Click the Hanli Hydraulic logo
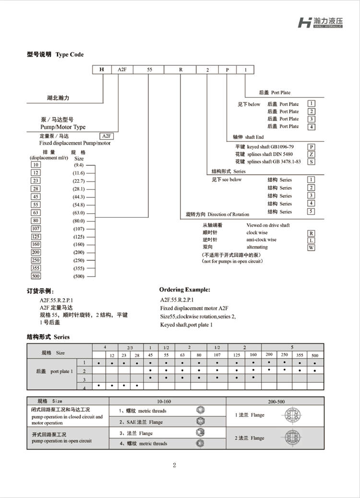click(324, 22)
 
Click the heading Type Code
click(70, 55)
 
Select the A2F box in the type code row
click(121, 70)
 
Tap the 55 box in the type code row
click(149, 70)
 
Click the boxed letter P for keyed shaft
click(312, 146)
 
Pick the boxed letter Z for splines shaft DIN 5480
click(312, 154)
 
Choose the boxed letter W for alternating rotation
click(312, 247)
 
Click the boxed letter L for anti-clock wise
click(312, 240)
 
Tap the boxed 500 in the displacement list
click(36, 276)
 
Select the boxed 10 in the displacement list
click(36, 165)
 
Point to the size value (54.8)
click(79, 205)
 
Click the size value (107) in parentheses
click(79, 229)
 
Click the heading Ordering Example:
click(184, 290)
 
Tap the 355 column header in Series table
click(300, 355)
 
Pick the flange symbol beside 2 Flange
click(292, 437)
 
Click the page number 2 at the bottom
click(175, 465)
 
